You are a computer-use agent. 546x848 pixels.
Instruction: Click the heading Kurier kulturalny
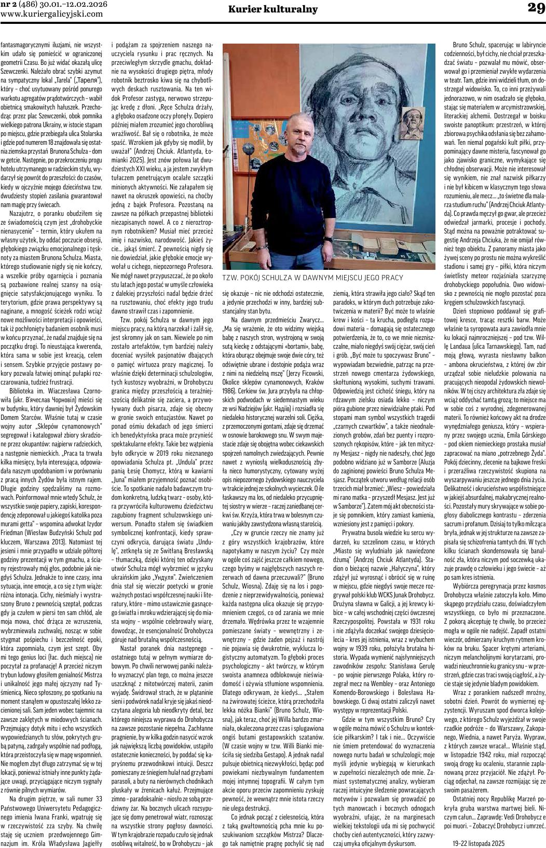point(272,9)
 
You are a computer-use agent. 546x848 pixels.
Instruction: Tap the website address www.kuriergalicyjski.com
point(52,14)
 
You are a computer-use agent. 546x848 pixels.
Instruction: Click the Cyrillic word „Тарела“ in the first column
point(91,80)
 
